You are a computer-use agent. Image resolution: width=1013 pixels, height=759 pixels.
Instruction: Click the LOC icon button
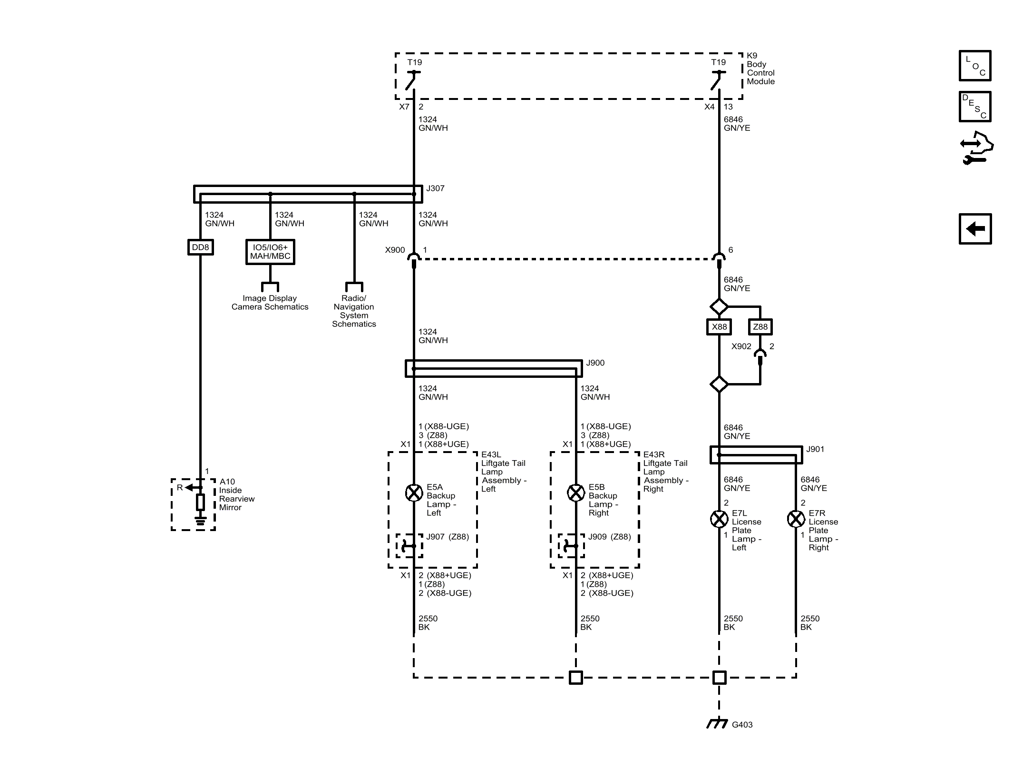tap(975, 66)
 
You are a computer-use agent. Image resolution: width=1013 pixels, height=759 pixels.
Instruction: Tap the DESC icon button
tap(975, 107)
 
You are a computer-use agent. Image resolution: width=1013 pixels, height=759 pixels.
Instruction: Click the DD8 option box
tap(200, 247)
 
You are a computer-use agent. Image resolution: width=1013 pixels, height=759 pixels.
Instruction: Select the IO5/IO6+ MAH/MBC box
tap(270, 252)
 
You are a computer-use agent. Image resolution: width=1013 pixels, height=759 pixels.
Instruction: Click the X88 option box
tap(719, 327)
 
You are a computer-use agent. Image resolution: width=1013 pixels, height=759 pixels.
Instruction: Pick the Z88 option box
tap(760, 327)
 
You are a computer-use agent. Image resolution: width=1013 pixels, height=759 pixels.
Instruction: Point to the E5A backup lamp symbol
tap(414, 493)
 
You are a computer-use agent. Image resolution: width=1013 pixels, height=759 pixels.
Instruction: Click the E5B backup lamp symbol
tap(576, 493)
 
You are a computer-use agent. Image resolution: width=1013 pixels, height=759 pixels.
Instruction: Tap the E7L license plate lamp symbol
tap(719, 519)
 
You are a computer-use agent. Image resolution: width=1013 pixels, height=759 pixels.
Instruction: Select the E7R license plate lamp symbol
tap(796, 519)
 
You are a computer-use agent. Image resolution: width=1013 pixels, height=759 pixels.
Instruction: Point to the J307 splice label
tap(435, 188)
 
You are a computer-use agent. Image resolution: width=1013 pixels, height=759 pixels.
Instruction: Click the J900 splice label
tap(595, 363)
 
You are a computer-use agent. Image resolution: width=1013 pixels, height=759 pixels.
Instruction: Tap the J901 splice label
tap(815, 449)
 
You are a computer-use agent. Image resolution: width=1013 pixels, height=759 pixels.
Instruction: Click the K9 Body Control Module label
tap(760, 69)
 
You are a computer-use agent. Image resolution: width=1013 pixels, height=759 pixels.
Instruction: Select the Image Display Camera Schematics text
tap(270, 303)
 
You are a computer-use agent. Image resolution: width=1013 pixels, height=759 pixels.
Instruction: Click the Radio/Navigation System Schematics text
tap(354, 311)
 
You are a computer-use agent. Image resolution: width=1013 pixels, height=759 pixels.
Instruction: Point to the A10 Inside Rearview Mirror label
tap(237, 495)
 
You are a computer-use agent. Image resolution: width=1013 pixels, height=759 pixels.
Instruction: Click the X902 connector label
tap(741, 346)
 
